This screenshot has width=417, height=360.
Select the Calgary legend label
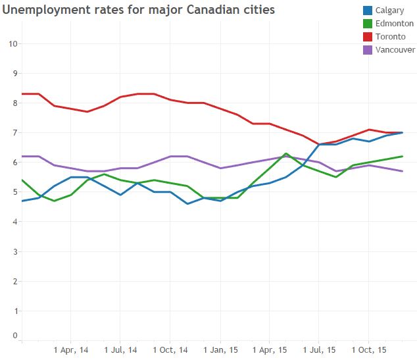tap(391, 11)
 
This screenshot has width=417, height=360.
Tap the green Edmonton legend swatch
tap(368, 24)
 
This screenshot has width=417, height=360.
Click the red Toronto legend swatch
tap(368, 37)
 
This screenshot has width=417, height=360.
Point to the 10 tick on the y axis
tap(12, 44)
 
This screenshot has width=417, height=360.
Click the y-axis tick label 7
tap(14, 133)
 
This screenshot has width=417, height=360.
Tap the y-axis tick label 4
tap(14, 222)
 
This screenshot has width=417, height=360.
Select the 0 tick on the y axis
tap(14, 336)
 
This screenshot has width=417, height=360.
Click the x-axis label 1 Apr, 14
tap(70, 349)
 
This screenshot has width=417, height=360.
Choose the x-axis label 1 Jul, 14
tap(120, 349)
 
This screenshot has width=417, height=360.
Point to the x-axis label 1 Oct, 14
tap(170, 349)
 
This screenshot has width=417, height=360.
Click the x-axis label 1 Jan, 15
tap(220, 349)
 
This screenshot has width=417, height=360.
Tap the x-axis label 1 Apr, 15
tap(269, 349)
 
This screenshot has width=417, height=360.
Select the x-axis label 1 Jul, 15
tap(319, 349)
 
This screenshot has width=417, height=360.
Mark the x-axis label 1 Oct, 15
tap(369, 349)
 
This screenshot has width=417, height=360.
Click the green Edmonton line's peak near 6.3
tap(286, 153)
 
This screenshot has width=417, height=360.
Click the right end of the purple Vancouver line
tap(402, 171)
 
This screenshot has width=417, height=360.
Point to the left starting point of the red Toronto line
tap(22, 94)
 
